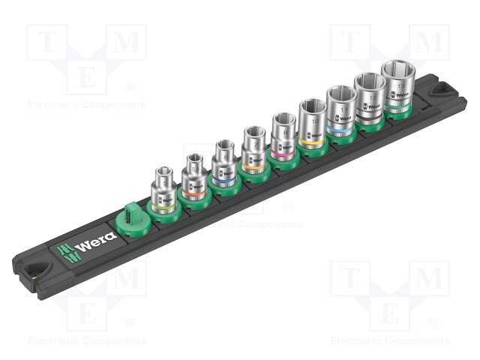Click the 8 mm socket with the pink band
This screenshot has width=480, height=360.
coord(283,137)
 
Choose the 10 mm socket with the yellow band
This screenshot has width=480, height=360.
coord(311,123)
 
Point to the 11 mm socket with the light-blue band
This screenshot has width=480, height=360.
coord(340,110)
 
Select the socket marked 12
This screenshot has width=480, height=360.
coord(370,97)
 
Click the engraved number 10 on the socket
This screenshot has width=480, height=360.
coord(311,120)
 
